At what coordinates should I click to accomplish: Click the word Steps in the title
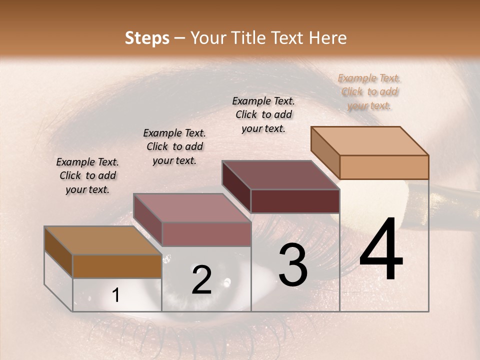click(147, 38)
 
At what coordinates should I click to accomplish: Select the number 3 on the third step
click(293, 265)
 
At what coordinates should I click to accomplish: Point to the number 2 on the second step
click(201, 280)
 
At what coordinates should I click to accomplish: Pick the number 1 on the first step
click(115, 295)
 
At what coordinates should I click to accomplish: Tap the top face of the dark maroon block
click(280, 175)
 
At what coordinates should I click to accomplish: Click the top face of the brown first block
click(103, 240)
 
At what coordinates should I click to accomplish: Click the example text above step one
click(87, 175)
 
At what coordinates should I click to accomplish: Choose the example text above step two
click(174, 146)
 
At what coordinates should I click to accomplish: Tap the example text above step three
click(263, 114)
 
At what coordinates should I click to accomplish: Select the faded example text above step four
click(369, 91)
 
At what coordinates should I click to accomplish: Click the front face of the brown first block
click(117, 266)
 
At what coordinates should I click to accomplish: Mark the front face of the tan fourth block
click(384, 167)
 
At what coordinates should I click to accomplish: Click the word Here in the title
click(327, 38)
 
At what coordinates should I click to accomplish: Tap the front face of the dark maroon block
click(295, 201)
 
